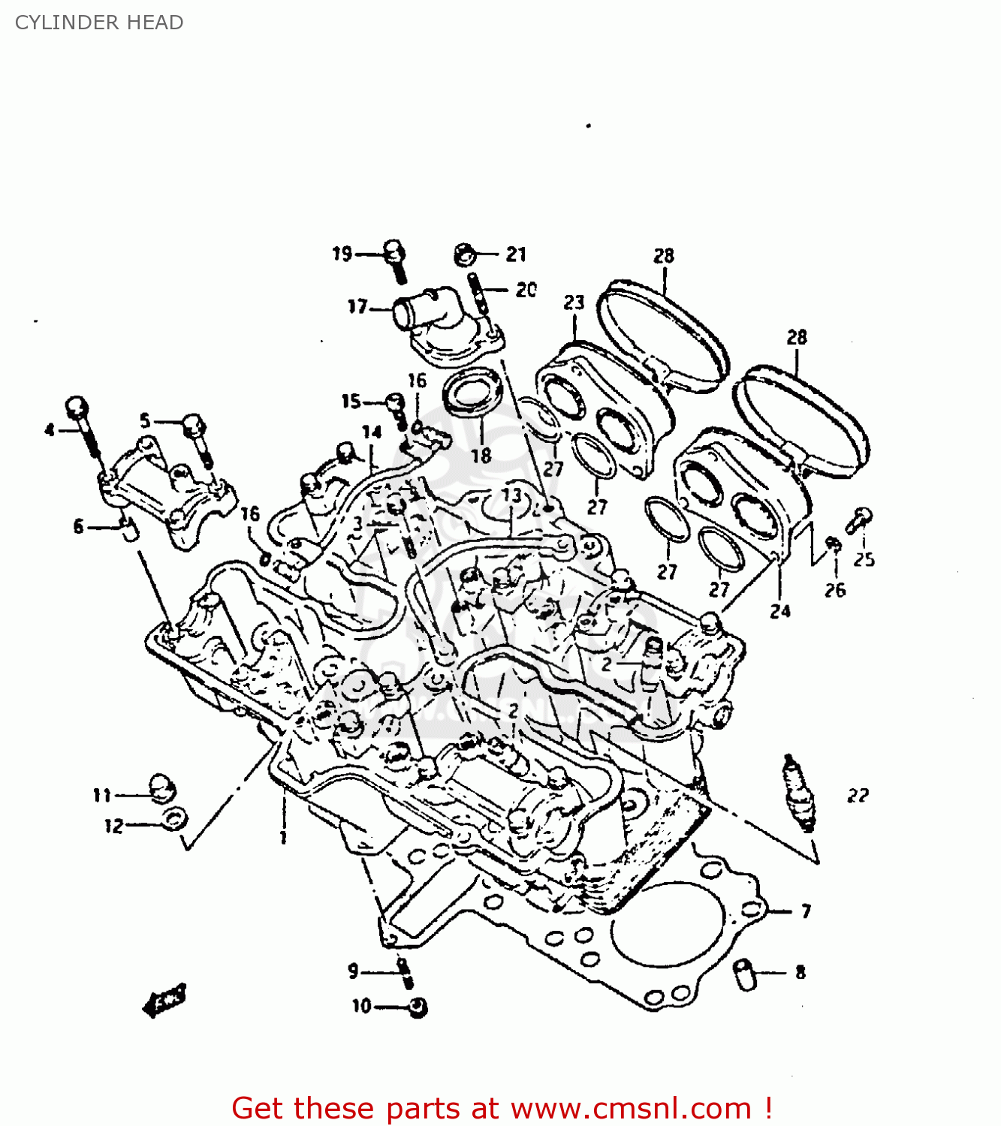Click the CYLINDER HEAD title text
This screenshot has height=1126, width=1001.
coord(99,23)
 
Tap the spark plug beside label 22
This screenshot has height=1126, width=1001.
coord(799,793)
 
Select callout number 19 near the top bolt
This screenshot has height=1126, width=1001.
coord(342,254)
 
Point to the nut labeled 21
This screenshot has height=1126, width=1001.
coord(465,254)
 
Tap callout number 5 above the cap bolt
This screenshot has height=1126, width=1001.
coord(145,421)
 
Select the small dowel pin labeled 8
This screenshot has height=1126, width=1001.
coord(745,974)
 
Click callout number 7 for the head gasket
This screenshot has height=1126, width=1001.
coord(806,911)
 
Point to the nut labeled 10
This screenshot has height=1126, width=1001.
coord(418,1007)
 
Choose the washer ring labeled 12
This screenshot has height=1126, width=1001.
coord(174,819)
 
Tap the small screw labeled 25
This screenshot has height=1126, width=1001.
coord(858,519)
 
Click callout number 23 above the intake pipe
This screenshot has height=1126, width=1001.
coord(574,303)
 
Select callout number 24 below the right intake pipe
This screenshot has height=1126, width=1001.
coord(780,611)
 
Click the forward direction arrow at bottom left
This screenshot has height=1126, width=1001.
coord(164,1001)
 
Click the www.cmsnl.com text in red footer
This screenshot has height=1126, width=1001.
coord(631,1108)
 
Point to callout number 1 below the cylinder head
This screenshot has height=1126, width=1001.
coord(283,837)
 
